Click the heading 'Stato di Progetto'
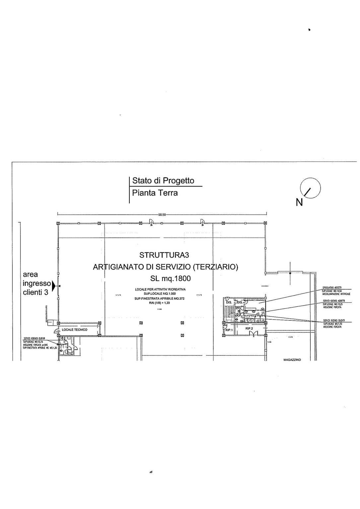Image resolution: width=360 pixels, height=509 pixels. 163,181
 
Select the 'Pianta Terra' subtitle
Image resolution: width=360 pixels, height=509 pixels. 155,193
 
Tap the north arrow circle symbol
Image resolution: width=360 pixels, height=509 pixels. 310,188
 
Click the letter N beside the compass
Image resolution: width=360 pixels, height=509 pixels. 299,202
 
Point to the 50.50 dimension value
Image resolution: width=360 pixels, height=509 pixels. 162,215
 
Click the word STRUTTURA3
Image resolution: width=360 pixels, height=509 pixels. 164,255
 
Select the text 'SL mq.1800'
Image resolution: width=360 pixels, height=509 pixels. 171,278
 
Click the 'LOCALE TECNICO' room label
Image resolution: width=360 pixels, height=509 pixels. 75,330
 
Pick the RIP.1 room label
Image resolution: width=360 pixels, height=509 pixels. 229,330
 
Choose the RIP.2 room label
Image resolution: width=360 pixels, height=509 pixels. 249,328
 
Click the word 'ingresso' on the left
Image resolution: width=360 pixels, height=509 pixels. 36,284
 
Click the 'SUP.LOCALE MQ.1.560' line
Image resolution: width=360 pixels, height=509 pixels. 160,294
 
